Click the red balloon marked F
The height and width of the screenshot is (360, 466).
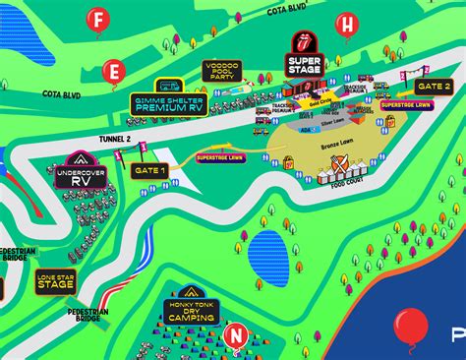[96, 18]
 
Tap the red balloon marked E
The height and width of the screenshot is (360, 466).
[114, 71]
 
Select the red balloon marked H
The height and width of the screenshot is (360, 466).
[346, 25]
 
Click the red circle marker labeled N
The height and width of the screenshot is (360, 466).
[235, 334]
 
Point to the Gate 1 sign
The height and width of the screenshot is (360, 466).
[149, 170]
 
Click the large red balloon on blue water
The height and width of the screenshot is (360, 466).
[411, 325]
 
